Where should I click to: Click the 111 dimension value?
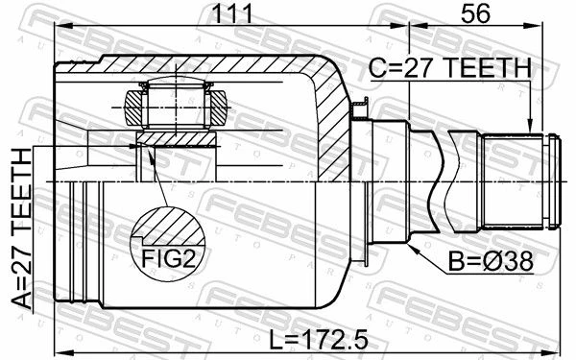[x=233, y=13]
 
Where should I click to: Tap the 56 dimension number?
[x=476, y=13]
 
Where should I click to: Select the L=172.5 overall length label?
[x=319, y=340]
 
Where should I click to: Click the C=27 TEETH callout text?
[x=450, y=68]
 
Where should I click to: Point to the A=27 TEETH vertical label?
[x=22, y=228]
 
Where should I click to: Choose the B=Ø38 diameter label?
[x=491, y=261]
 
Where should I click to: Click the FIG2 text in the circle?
[x=168, y=258]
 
